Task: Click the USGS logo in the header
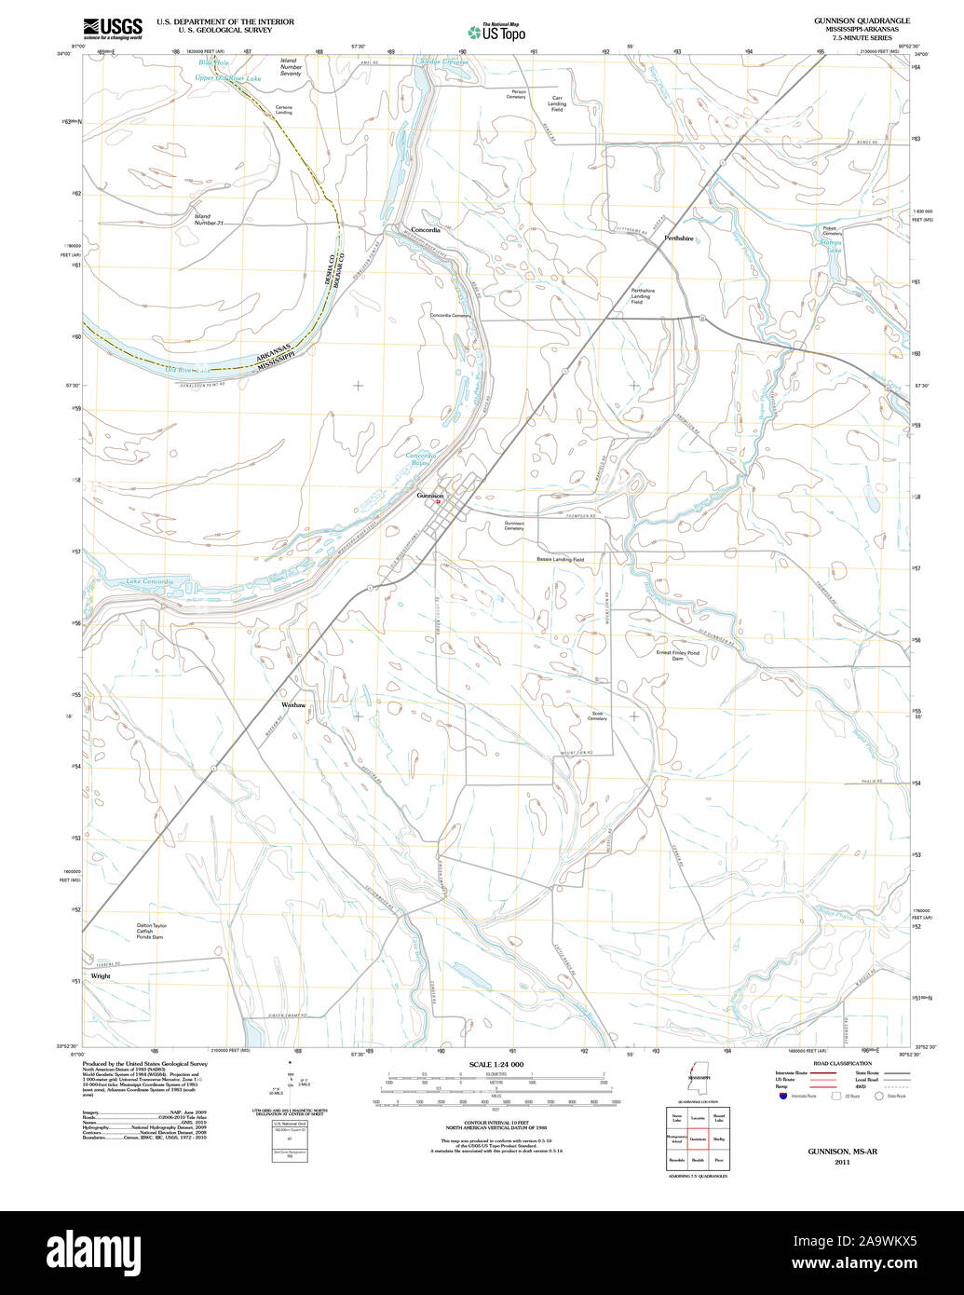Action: (113, 27)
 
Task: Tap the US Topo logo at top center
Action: (496, 33)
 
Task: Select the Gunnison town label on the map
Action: (429, 496)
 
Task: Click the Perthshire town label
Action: (678, 239)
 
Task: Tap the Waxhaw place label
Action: (293, 705)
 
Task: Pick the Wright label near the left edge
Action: (101, 976)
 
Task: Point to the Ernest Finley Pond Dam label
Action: (677, 656)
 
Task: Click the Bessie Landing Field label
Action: (560, 559)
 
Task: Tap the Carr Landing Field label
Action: (557, 103)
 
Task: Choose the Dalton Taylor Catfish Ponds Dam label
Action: (151, 931)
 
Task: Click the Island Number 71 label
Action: (209, 220)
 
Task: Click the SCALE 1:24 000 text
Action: (496, 1064)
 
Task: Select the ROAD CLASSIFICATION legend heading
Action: (841, 1064)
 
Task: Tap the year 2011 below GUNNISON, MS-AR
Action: (842, 1162)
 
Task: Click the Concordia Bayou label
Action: (419, 458)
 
